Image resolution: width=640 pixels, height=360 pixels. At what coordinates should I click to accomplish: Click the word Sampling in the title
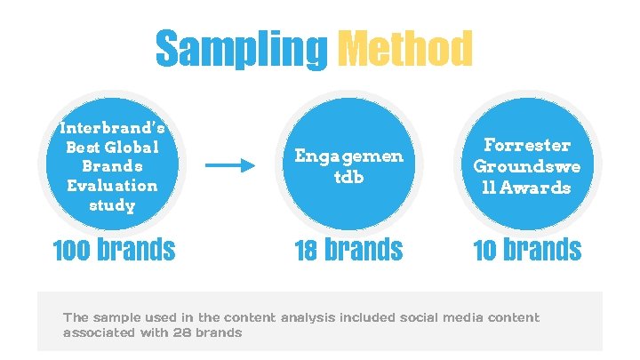[241, 50]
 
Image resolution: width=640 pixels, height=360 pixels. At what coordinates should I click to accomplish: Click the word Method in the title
[405, 50]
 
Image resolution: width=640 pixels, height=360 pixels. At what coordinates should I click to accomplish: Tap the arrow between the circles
[229, 165]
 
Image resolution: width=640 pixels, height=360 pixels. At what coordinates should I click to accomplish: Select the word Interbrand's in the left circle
[112, 128]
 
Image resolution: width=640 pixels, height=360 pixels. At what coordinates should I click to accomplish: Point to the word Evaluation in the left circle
[112, 186]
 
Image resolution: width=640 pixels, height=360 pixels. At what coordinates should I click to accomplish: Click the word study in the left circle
[112, 205]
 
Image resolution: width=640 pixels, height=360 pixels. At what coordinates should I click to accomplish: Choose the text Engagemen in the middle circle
[349, 156]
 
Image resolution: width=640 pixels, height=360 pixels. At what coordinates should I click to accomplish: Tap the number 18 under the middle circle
[307, 250]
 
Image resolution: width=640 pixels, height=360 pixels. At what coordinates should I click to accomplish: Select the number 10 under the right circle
[485, 250]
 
